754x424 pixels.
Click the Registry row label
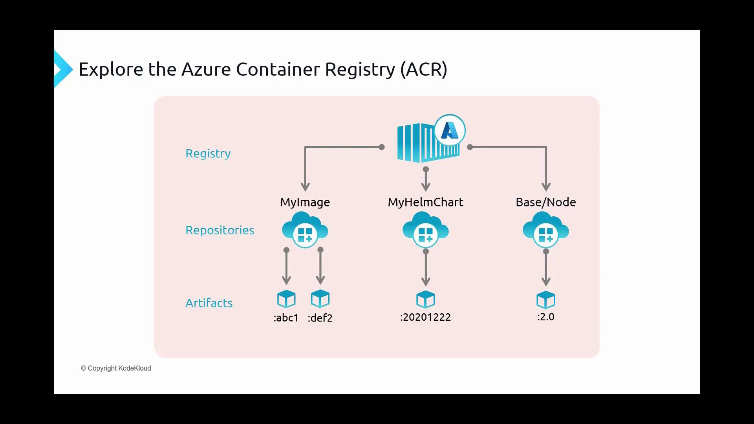pos(208,154)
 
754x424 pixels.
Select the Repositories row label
pos(220,230)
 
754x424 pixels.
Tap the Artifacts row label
pos(209,303)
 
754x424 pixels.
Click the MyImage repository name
pos(305,202)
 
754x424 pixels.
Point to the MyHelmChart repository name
pos(425,202)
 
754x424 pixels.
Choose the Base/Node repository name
pos(545,202)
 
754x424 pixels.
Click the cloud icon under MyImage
pos(305,230)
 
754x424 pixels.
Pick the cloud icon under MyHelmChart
pos(425,230)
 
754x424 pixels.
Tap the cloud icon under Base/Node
pos(545,230)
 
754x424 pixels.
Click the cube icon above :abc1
pos(286,299)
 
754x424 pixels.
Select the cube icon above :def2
pos(320,299)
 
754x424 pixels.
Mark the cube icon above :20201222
pos(425,300)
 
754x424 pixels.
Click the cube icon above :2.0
pos(545,300)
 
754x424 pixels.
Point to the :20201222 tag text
pos(425,317)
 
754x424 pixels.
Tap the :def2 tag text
pos(320,318)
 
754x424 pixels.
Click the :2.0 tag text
pos(545,317)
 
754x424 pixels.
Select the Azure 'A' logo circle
pos(450,130)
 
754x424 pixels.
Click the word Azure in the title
pos(206,69)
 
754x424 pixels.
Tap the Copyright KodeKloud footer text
pos(116,368)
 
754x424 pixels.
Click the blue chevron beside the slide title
pos(63,69)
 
